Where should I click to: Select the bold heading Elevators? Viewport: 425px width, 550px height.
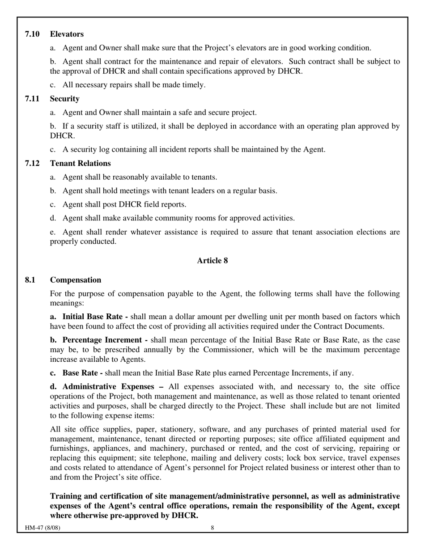pyautogui.click(x=67, y=34)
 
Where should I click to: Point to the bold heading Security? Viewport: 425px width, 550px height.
pyautogui.click(x=64, y=99)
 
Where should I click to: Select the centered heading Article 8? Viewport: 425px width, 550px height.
pyautogui.click(x=212, y=261)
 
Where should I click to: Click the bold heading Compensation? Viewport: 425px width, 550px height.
pyautogui.click(x=75, y=280)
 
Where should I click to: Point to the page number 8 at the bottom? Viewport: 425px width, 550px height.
pyautogui.click(x=212, y=528)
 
